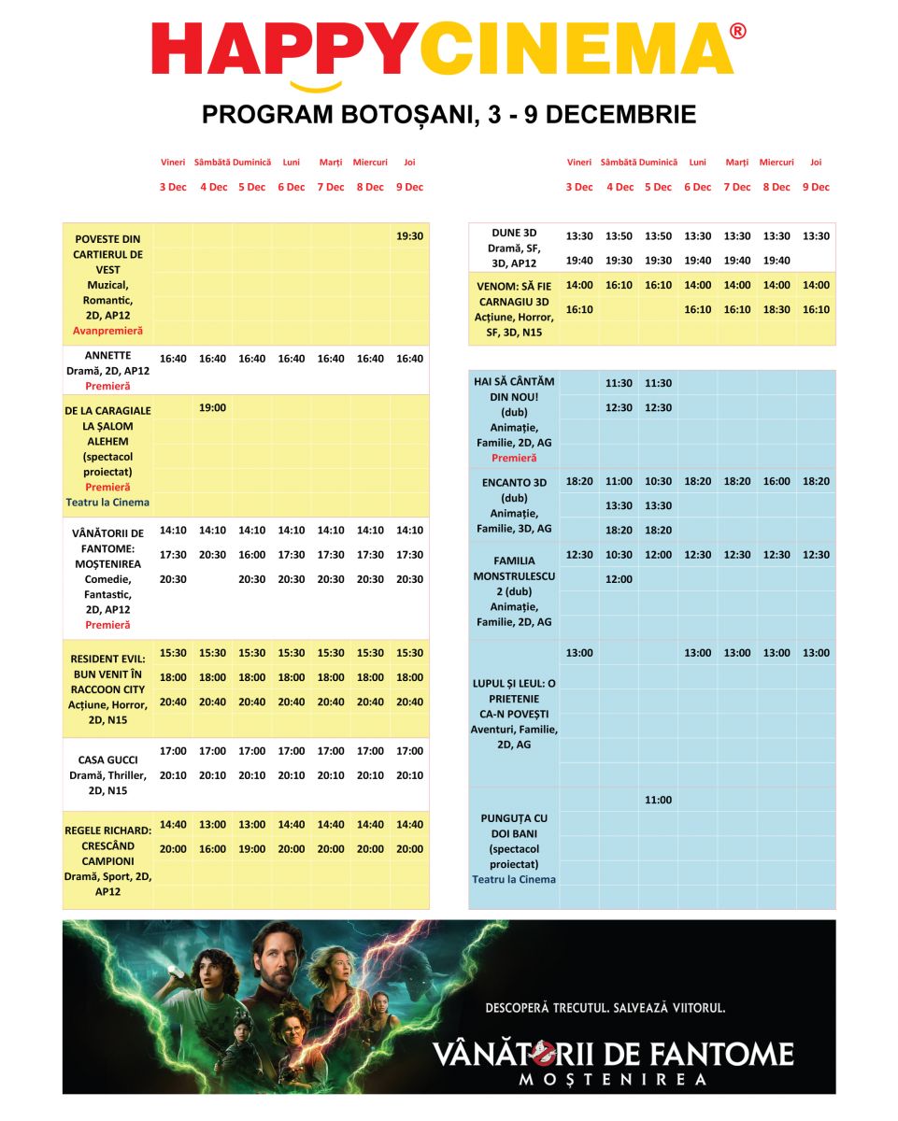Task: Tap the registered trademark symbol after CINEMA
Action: coord(737,32)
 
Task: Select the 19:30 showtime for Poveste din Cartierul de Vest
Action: coord(409,236)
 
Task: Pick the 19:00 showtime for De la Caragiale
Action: coord(212,407)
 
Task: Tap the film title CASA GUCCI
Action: coord(106,759)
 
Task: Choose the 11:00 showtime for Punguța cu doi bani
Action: coord(658,800)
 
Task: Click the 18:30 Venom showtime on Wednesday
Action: coord(776,309)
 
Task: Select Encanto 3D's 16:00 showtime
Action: coord(776,481)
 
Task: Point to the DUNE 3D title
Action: coord(514,233)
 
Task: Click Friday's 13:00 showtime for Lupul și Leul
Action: coord(579,653)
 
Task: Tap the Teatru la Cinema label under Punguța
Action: coord(514,879)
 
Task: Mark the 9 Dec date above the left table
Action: coord(409,187)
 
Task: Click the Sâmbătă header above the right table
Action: coord(619,163)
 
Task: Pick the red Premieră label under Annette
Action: coord(107,386)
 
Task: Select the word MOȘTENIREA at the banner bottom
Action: coord(613,1080)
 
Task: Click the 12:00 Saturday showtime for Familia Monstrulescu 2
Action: coord(619,579)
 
